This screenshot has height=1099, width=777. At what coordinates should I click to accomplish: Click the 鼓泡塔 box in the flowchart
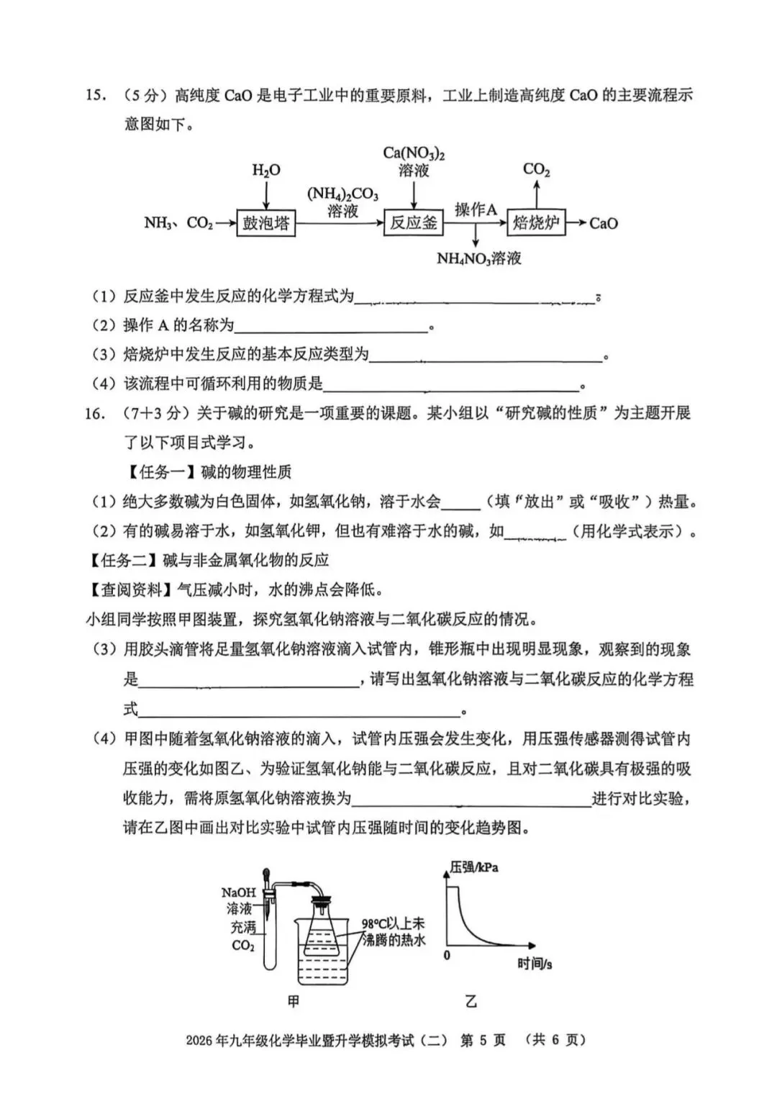pyautogui.click(x=266, y=223)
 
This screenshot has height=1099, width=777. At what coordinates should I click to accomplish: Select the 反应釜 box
pyautogui.click(x=413, y=223)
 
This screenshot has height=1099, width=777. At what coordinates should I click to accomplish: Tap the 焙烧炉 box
pyautogui.click(x=536, y=223)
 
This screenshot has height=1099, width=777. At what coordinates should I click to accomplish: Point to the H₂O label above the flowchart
pyautogui.click(x=266, y=171)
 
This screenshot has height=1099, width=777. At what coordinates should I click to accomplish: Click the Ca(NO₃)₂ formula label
pyautogui.click(x=414, y=154)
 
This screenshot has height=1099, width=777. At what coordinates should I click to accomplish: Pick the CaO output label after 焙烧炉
pyautogui.click(x=604, y=224)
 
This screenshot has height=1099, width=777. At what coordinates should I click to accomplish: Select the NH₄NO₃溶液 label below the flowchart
pyautogui.click(x=478, y=258)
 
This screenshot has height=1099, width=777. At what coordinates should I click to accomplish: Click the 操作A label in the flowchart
pyautogui.click(x=476, y=210)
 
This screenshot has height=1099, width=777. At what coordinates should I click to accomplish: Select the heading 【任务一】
pyautogui.click(x=161, y=472)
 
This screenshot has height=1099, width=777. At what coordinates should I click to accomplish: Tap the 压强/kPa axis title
pyautogui.click(x=474, y=867)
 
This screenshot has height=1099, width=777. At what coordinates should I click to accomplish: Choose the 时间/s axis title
pyautogui.click(x=535, y=964)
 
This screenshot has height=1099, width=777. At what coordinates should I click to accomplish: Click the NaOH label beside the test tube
pyautogui.click(x=238, y=892)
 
